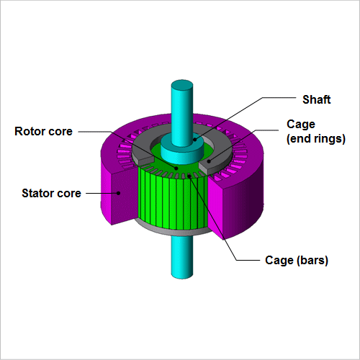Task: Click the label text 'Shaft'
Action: [316, 99]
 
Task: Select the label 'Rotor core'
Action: [43, 131]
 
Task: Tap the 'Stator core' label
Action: [51, 193]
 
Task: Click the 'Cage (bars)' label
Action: [297, 261]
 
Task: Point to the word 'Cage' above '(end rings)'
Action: [301, 125]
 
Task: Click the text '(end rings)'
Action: [316, 139]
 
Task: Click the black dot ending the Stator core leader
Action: [118, 193]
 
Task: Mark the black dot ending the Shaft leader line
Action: [195, 140]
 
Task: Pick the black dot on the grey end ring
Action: [209, 161]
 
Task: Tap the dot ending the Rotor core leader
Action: [176, 168]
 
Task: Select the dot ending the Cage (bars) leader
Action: [189, 176]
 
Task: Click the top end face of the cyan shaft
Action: [182, 84]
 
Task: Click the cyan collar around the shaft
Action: [182, 151]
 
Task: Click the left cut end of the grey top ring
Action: [145, 162]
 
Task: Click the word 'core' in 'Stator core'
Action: [69, 194]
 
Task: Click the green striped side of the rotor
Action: [173, 202]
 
